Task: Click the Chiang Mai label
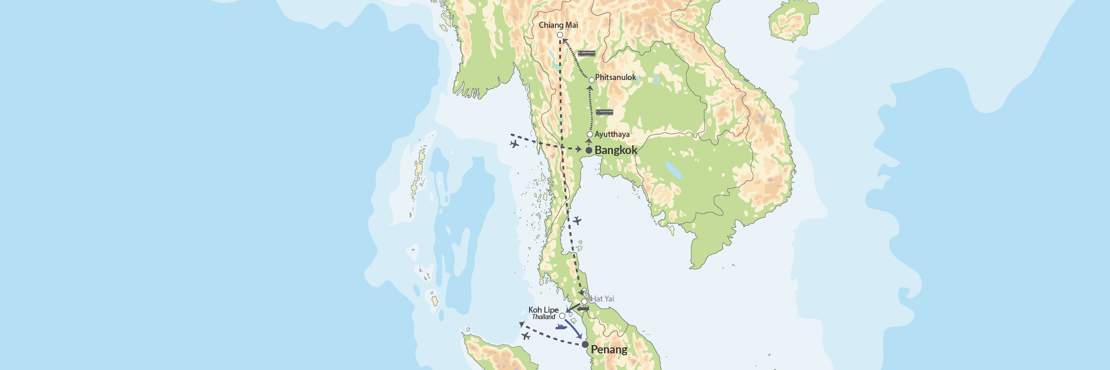pyautogui.click(x=558, y=25)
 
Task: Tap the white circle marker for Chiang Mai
pyautogui.click(x=560, y=35)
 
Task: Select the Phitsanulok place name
pyautogui.click(x=615, y=77)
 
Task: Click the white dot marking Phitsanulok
pyautogui.click(x=592, y=80)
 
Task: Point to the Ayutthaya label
pyautogui.click(x=612, y=134)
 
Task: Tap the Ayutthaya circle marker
pyautogui.click(x=590, y=135)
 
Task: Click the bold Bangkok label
pyautogui.click(x=616, y=150)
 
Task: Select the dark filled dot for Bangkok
pyautogui.click(x=589, y=151)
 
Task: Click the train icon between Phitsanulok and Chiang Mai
pyautogui.click(x=586, y=54)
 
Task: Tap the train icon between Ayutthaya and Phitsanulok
pyautogui.click(x=604, y=112)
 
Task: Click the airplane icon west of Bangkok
pyautogui.click(x=514, y=144)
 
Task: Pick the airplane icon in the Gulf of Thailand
pyautogui.click(x=577, y=221)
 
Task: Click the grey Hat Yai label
pyautogui.click(x=603, y=299)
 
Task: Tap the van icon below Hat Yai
pyautogui.click(x=583, y=308)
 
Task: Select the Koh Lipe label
pyautogui.click(x=543, y=309)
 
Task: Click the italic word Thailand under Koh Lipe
pyautogui.click(x=543, y=317)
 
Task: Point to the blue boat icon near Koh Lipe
pyautogui.click(x=561, y=327)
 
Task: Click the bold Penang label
pyautogui.click(x=609, y=350)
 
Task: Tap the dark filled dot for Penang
pyautogui.click(x=585, y=345)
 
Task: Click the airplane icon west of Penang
pyautogui.click(x=526, y=336)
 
